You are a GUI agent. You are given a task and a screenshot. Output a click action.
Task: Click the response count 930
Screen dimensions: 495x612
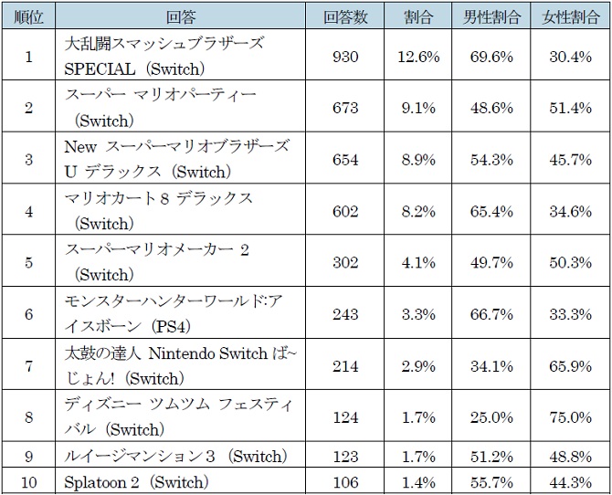pos(346,56)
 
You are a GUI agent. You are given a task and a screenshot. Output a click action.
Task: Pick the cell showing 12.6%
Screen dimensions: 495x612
pos(419,56)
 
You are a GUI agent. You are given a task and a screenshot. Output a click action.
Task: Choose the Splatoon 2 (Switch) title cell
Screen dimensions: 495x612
pos(137,482)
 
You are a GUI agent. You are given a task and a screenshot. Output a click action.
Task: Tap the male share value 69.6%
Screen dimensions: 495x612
pos(492,56)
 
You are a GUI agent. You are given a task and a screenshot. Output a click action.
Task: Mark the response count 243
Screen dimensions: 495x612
pos(346,314)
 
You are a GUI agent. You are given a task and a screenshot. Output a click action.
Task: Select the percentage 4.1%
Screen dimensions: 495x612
pos(419,262)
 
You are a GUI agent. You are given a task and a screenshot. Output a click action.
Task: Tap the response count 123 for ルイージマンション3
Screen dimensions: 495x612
pos(346,456)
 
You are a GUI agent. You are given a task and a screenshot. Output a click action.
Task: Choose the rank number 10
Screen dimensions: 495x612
pos(28,482)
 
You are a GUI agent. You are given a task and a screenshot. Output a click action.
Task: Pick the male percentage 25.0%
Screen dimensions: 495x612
pos(492,417)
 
